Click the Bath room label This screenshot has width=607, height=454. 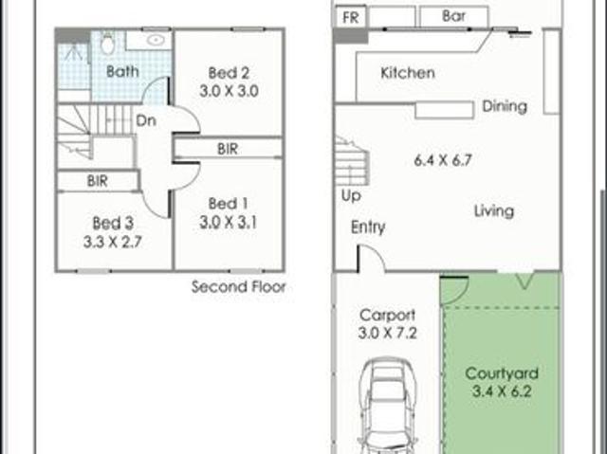(122, 71)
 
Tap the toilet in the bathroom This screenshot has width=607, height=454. (107, 43)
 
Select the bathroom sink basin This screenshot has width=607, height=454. (156, 40)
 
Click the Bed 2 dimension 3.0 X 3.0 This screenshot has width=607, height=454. (229, 92)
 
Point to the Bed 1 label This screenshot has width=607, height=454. (228, 204)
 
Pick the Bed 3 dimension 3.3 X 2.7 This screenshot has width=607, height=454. (113, 243)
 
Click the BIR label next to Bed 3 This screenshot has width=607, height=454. (97, 181)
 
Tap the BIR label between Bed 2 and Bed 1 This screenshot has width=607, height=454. (228, 149)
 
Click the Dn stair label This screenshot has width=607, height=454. (146, 120)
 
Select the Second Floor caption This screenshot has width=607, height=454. (238, 287)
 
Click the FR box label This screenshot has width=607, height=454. (351, 18)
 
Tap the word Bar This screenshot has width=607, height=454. (453, 16)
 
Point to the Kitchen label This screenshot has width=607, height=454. (408, 73)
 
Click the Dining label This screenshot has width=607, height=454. (505, 106)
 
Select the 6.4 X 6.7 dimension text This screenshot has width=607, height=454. (443, 160)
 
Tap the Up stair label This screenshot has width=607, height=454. (351, 196)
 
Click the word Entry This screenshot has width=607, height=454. (368, 227)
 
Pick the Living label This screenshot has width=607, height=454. (494, 211)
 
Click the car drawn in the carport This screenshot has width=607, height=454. (389, 406)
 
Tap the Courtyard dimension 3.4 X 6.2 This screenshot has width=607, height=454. (502, 391)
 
